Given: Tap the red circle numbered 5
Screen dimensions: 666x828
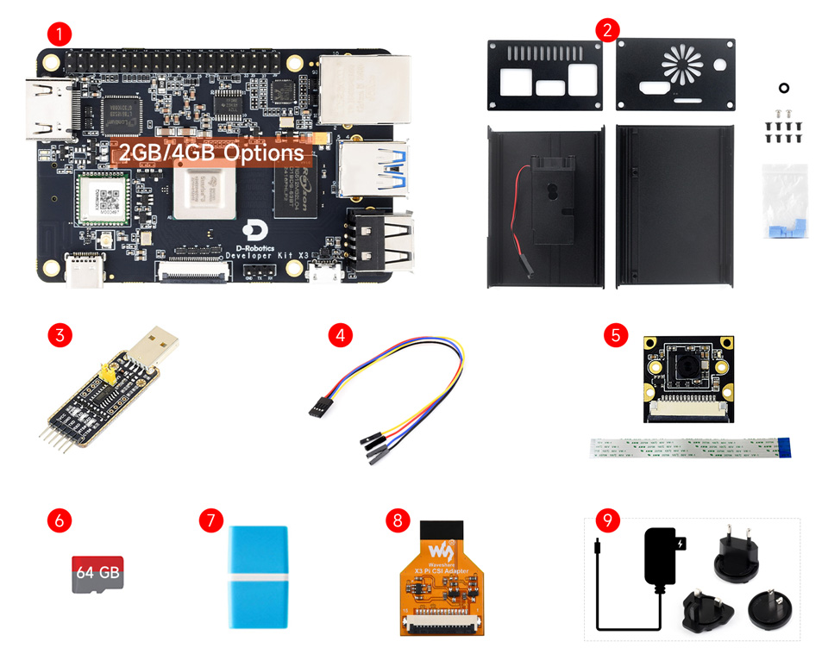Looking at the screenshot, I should tap(614, 335).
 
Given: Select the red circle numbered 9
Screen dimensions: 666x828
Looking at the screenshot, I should tap(608, 520).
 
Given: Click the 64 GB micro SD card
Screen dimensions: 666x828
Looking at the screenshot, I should tap(97, 572).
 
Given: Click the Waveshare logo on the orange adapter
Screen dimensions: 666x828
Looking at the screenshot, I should tap(442, 549).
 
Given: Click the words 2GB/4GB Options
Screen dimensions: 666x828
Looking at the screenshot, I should tap(211, 153).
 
